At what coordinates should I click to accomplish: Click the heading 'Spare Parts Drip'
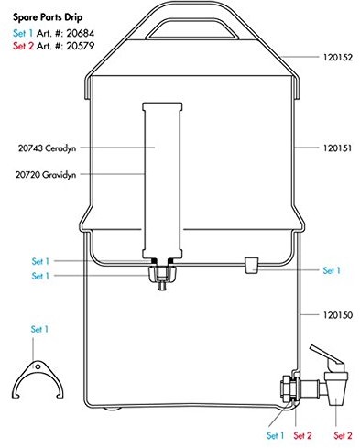48,17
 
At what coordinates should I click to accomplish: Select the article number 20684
81,33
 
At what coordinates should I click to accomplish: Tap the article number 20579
81,46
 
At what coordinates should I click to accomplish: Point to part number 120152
338,57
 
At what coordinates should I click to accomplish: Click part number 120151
338,148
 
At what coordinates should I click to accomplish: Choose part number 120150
338,315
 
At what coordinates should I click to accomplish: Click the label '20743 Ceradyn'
47,148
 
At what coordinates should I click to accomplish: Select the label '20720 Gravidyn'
46,175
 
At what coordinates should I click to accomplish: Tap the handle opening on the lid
191,29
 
